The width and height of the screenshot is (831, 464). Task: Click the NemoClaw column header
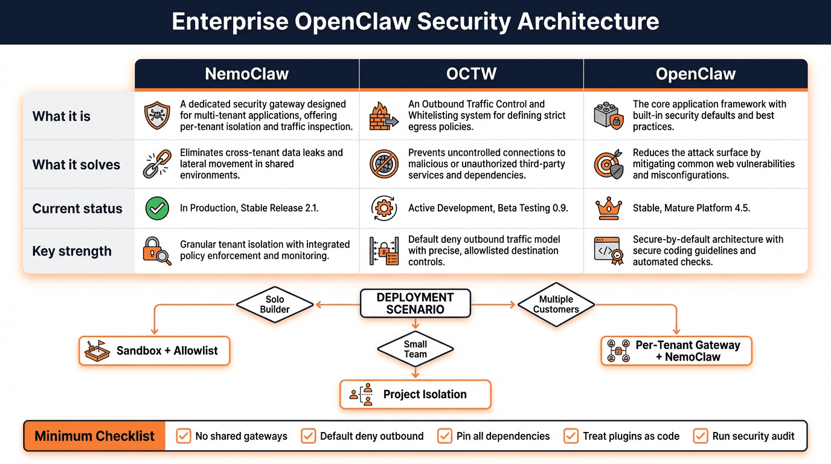pos(246,74)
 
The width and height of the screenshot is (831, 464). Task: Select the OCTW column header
pos(471,74)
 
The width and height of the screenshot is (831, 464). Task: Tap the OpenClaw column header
pos(695,74)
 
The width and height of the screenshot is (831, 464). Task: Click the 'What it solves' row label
pos(76,164)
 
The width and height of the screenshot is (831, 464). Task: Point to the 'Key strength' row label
pos(72,251)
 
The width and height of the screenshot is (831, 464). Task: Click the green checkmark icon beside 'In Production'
pos(157,208)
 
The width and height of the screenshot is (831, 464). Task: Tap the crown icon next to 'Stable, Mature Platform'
pos(608,208)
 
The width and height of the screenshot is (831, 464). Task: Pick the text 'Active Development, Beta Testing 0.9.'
pos(488,208)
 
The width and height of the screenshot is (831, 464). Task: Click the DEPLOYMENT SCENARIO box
pos(415,303)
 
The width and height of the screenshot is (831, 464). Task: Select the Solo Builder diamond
pos(275,304)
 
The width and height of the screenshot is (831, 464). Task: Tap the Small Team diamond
pos(415,349)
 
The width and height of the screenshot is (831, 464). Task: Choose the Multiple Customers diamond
pos(556,304)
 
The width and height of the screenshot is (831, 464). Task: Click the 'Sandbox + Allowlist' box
pos(155,351)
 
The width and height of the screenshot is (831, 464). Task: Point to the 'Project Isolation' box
pos(415,395)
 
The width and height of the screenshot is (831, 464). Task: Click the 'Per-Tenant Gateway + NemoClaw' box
pos(676,351)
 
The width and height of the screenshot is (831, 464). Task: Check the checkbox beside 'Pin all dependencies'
pos(444,436)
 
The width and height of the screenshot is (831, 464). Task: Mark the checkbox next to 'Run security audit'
pos(701,436)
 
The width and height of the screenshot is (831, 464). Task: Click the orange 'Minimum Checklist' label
pos(94,436)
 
